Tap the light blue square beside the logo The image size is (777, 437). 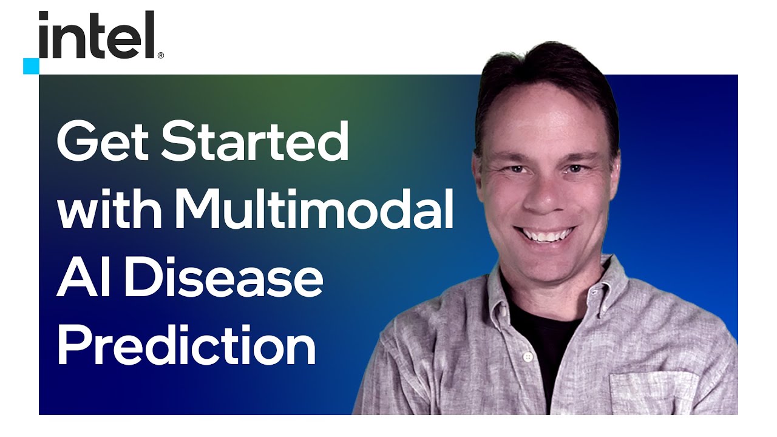tap(31, 66)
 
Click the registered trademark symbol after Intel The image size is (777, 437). tap(161, 55)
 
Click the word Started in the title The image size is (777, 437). tap(255, 140)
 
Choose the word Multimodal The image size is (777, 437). tap(314, 208)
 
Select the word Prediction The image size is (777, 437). tap(186, 344)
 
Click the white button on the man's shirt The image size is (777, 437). tap(528, 356)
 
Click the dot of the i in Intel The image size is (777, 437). tap(43, 15)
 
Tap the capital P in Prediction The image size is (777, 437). tap(73, 344)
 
